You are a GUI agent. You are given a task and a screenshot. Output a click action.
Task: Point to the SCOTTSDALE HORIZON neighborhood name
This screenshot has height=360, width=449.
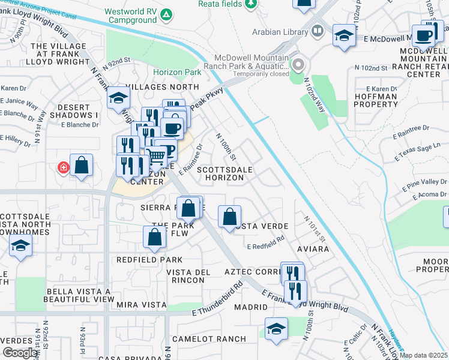pos(226,174)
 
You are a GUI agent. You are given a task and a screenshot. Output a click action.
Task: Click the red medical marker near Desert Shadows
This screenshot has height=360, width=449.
pos(63,167)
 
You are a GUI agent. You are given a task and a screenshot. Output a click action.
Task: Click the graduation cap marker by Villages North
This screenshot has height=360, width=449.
pos(118,98)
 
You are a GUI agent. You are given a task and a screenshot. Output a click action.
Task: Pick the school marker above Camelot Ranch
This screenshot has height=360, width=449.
pos(276,329)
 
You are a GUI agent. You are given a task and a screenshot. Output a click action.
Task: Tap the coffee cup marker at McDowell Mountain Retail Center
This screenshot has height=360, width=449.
pos(424,35)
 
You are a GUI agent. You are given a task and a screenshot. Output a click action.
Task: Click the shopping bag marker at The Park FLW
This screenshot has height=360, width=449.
pos(154,237)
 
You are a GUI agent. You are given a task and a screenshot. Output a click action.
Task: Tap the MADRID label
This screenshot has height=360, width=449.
pos(251,307)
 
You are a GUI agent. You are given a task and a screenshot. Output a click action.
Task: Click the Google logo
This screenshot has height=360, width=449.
pos(20,353)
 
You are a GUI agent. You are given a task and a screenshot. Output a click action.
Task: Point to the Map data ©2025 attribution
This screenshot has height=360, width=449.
pos(423,355)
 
